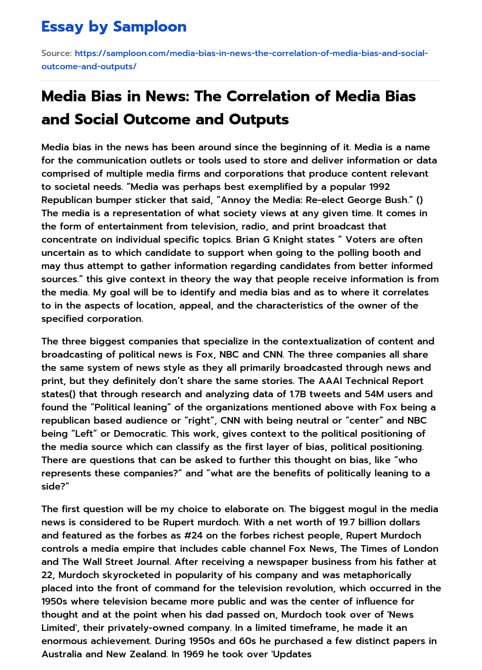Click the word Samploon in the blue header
[150, 27]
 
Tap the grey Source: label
[56, 53]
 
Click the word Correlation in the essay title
[275, 96]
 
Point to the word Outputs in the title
[259, 119]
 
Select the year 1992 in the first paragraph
[378, 187]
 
